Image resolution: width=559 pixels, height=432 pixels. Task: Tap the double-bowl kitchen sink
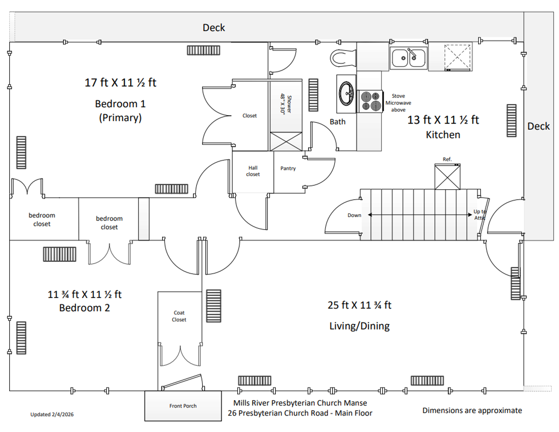point(409,58)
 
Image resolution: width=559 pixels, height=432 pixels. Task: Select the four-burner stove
point(370,101)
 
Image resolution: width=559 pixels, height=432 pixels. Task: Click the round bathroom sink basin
point(346,93)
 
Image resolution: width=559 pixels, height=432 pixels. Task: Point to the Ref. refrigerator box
point(447,177)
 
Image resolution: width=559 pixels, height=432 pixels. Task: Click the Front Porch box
point(183,406)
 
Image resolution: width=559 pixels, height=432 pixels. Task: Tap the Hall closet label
point(253,171)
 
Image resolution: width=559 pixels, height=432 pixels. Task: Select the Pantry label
point(288,168)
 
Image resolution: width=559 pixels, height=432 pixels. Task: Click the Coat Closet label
point(179,316)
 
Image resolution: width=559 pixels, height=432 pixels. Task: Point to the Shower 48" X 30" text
point(286,104)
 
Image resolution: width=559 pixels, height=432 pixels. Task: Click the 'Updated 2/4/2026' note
point(52,414)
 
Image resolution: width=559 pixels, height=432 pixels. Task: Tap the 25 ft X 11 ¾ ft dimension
point(359,305)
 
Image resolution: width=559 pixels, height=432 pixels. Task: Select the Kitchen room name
point(443,135)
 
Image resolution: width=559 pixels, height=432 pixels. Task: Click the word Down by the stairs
point(354,215)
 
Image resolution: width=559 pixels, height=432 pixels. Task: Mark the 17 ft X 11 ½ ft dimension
point(120,82)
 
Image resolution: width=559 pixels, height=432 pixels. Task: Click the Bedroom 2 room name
point(84,308)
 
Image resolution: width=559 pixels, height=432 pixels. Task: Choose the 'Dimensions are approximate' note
point(472,410)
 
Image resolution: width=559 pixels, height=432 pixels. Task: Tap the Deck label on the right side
point(539,126)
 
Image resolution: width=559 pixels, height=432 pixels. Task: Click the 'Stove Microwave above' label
point(398,103)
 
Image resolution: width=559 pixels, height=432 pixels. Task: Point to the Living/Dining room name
point(359,326)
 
